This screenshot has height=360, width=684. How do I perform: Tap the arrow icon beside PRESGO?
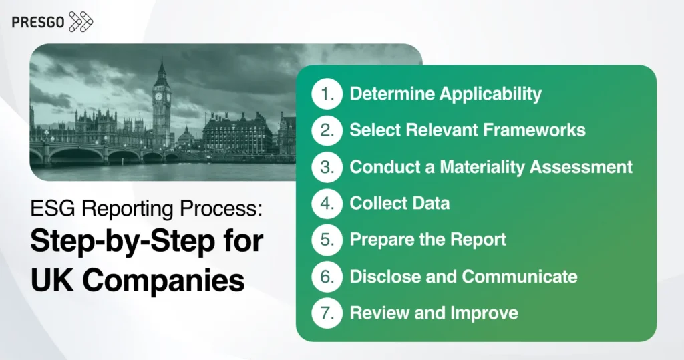(x=81, y=21)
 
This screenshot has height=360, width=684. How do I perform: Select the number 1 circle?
(x=327, y=94)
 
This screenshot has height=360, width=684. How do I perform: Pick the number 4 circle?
(x=327, y=204)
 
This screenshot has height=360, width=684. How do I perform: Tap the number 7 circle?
(x=327, y=313)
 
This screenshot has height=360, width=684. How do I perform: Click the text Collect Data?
(x=399, y=204)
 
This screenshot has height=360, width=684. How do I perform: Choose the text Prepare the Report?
(x=428, y=240)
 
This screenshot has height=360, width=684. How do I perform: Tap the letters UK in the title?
(x=47, y=279)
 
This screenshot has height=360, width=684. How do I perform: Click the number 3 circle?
(x=327, y=167)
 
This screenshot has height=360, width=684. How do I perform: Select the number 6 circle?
(x=327, y=276)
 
